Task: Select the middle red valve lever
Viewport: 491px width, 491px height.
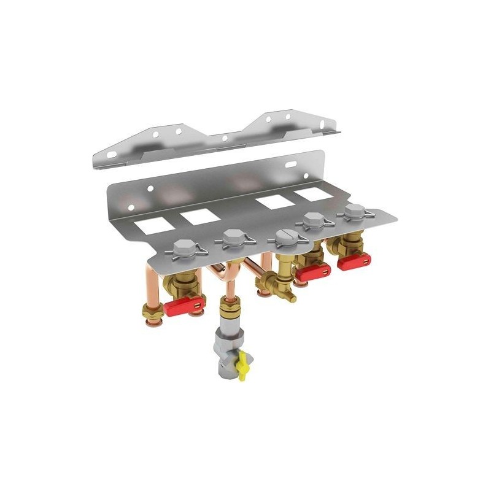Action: (x=313, y=271)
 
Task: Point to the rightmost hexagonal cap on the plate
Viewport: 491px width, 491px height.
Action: (x=353, y=213)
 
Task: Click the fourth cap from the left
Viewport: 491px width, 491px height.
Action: (x=314, y=220)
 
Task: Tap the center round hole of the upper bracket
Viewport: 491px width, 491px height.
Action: (x=225, y=138)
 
